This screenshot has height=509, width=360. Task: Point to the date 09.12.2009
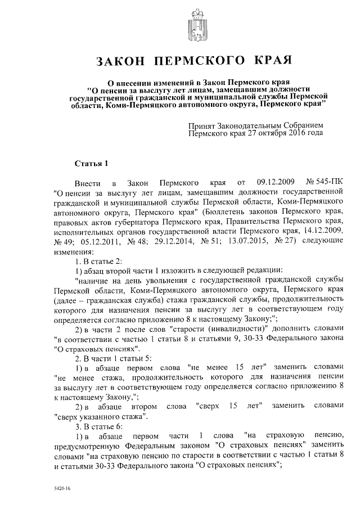274,183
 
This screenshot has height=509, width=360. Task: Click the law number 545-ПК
325,183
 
